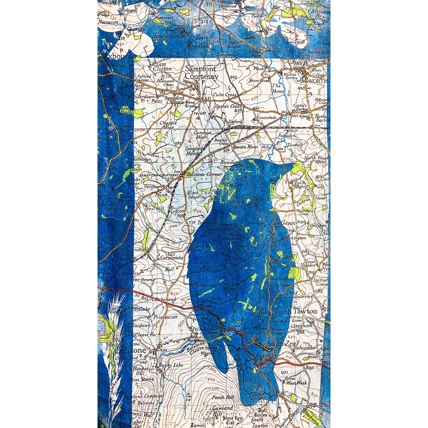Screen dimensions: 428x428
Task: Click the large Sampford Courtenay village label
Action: (202, 73)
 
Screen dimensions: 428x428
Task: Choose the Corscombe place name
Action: (171, 258)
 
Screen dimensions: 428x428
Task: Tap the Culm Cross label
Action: (225, 95)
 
